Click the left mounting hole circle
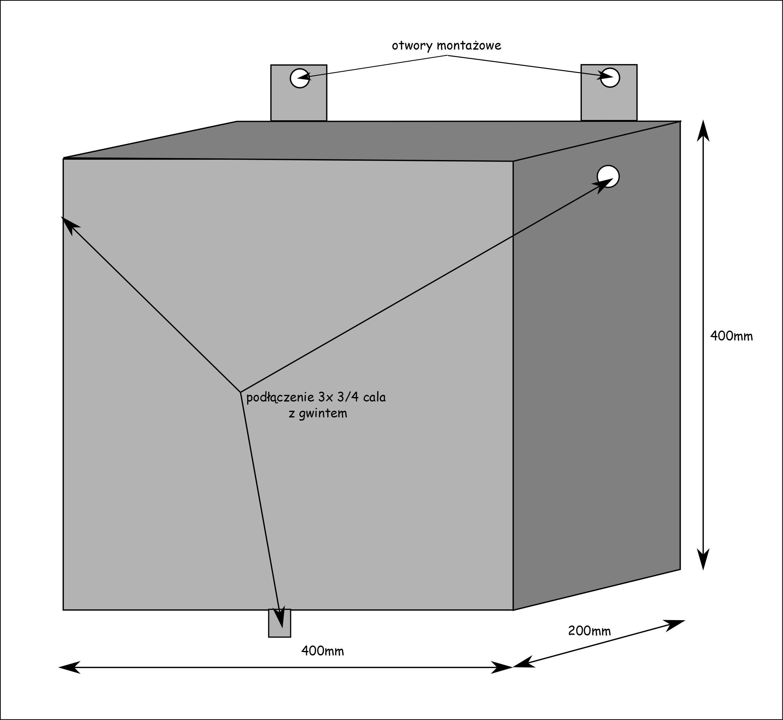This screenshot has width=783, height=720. pos(300,78)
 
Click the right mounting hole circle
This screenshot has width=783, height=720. pos(610,78)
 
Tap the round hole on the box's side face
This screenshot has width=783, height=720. pos(608,176)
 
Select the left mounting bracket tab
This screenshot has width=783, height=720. pos(298,101)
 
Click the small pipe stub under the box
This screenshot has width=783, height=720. pos(279,623)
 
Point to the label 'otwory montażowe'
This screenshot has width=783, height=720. pos(446,46)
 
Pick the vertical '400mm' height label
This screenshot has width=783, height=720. pos(731,336)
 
